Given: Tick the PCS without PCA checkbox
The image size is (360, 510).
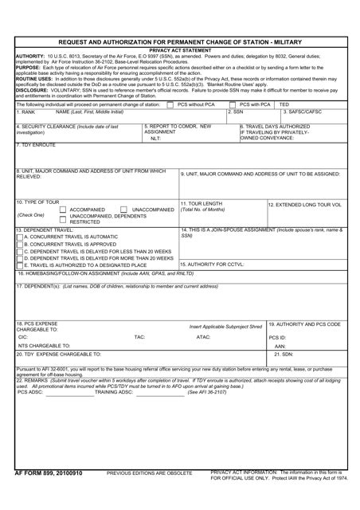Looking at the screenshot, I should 170,104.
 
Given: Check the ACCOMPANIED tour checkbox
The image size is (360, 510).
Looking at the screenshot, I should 64,209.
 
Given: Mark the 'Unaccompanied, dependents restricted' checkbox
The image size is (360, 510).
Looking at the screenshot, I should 64,216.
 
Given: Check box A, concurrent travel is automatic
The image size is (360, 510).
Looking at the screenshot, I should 20,237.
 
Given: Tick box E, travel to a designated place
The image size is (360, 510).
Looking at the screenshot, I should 20,265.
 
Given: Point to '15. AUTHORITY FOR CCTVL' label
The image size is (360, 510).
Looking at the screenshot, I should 211,264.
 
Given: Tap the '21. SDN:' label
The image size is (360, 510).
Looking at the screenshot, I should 284,354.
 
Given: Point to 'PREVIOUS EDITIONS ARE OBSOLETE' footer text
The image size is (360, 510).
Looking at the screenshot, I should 150,495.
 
